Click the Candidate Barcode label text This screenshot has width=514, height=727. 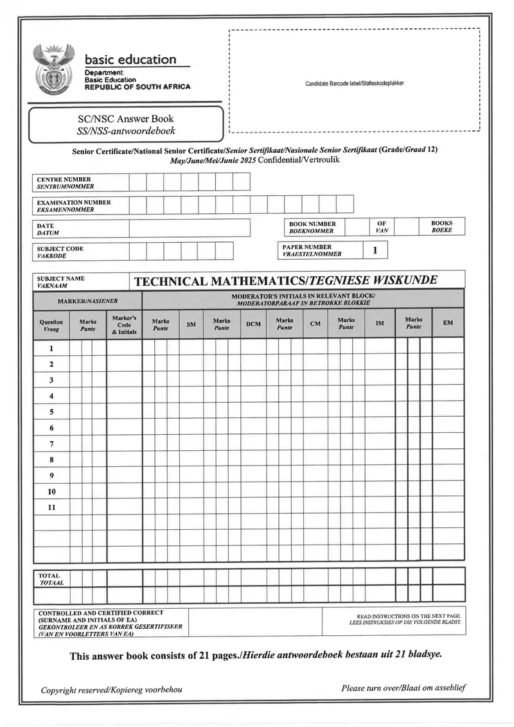point(354,83)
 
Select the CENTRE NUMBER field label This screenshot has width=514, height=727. point(64,183)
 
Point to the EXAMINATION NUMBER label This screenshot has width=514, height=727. point(73,206)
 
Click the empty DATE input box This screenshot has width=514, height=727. point(189,229)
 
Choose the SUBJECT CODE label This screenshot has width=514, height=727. point(60,252)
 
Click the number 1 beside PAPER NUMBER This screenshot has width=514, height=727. point(375,250)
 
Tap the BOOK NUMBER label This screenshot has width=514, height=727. point(312,227)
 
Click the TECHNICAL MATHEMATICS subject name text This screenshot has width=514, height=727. point(285,281)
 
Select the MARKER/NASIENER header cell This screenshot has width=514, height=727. point(87,301)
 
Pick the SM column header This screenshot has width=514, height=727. point(191,324)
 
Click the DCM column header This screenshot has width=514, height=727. point(253,324)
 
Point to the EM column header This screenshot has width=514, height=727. point(447,323)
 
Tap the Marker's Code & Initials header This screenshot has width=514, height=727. point(124,325)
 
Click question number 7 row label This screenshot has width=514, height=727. point(51,444)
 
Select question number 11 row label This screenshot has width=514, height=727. point(51,507)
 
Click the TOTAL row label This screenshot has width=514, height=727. point(50,579)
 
